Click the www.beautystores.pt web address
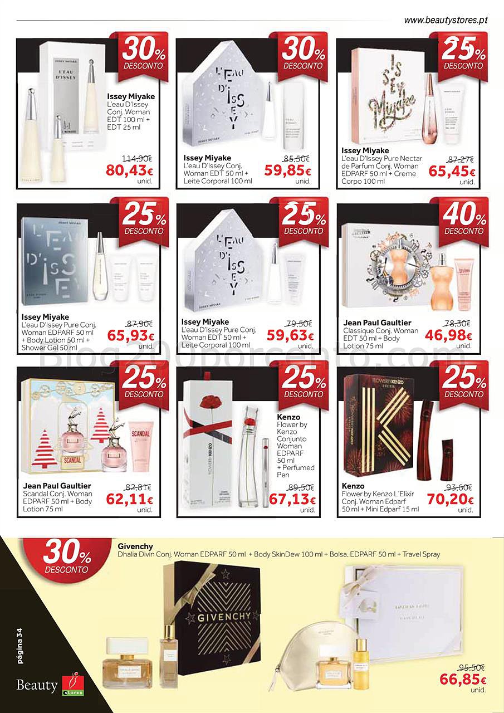[x=445, y=20]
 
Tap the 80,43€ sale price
[x=129, y=170]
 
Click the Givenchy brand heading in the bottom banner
[x=135, y=546]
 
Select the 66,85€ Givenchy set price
[x=463, y=679]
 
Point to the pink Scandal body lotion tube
[x=140, y=451]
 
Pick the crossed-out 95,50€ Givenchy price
[x=471, y=667]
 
